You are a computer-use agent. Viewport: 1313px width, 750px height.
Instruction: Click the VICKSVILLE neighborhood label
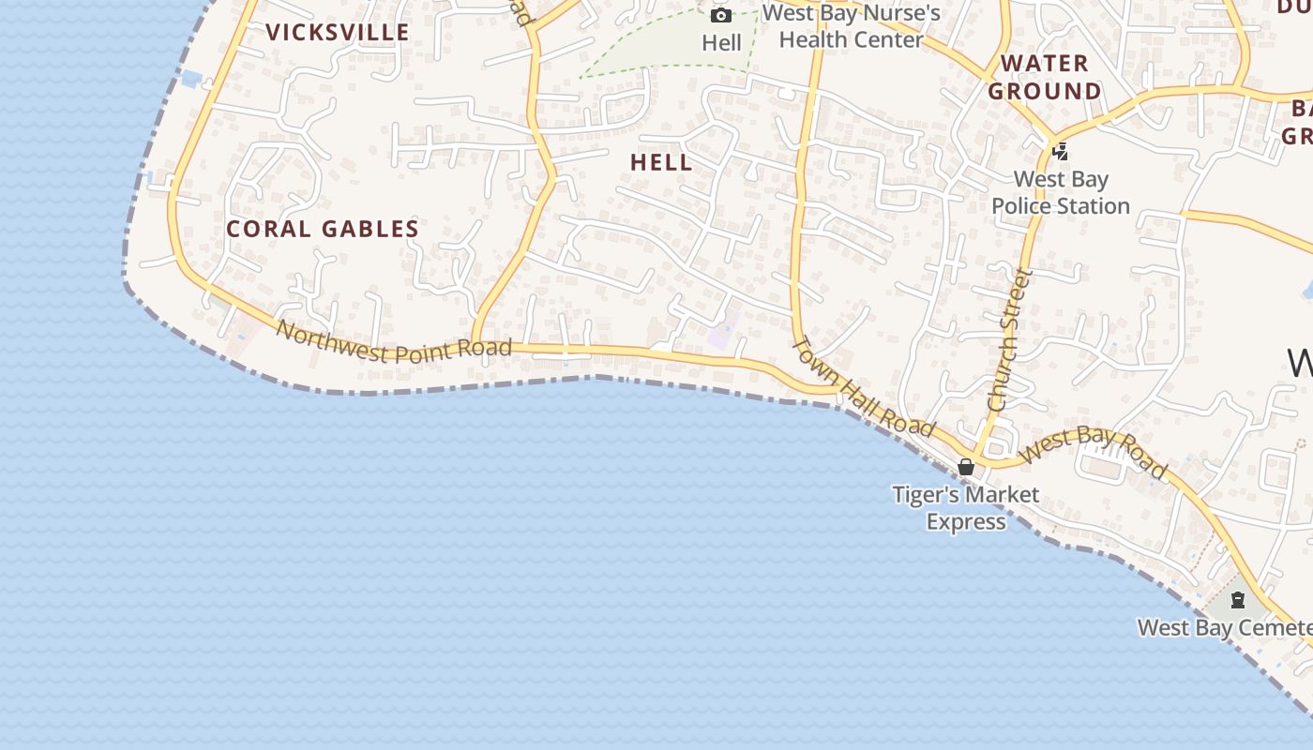point(338,33)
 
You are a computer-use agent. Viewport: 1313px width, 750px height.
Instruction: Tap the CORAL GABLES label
point(323,229)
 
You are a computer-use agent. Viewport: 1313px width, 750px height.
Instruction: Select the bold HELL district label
point(661,162)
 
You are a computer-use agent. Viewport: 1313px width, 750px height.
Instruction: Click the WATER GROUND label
point(1044,77)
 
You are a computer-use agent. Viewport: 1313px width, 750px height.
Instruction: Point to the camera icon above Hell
point(720,15)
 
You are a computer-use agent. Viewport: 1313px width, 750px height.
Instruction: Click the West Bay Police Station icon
point(1061,151)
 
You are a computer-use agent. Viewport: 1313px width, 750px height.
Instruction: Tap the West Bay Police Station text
point(1061,192)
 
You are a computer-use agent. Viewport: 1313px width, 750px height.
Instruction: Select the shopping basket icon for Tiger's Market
point(966,467)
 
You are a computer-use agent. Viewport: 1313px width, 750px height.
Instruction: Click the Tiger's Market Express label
point(966,507)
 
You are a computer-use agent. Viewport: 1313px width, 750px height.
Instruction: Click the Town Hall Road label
point(864,385)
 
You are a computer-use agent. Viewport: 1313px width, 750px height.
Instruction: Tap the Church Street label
point(1009,339)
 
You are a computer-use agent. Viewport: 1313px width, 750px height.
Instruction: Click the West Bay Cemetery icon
point(1237,601)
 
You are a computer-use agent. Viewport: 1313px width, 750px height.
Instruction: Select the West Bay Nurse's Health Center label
point(851,26)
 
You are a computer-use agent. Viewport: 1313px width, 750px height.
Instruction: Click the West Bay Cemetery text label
point(1224,627)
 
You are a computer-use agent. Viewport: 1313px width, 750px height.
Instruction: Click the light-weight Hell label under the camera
point(721,43)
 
